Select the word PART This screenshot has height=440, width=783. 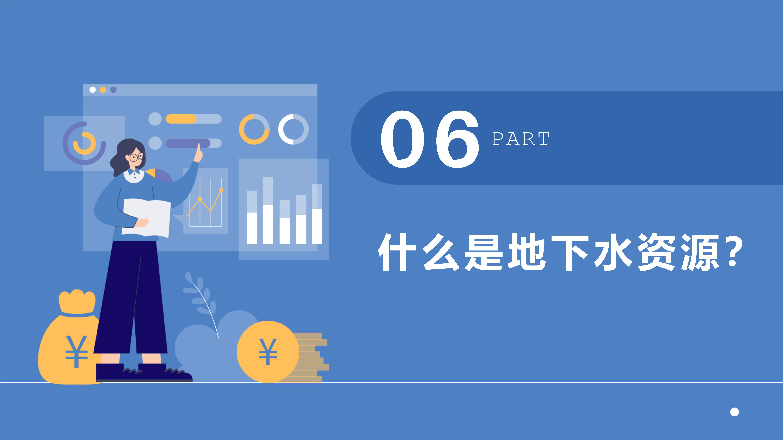point(521,139)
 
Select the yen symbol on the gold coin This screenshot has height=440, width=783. point(268,351)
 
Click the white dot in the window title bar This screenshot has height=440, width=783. point(93,90)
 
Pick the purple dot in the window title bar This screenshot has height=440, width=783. point(113,90)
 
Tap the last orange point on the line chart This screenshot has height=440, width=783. point(221,190)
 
